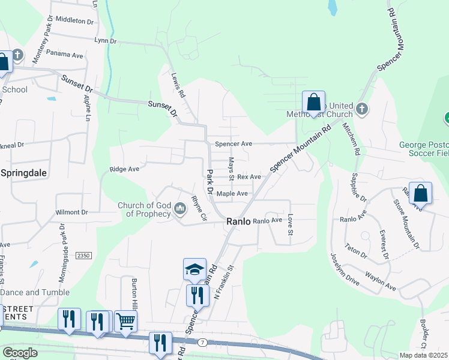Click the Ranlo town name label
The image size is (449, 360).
[x=238, y=221]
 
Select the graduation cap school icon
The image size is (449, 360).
[x=194, y=269]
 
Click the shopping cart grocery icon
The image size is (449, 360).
[x=125, y=321]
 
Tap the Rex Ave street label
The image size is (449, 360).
[x=249, y=177]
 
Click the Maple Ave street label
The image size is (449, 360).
[x=232, y=194]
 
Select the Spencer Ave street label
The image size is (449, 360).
[x=234, y=145]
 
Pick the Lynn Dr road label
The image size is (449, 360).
[x=105, y=41]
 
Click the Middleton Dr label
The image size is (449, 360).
[x=74, y=20]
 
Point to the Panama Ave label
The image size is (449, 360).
[x=64, y=53]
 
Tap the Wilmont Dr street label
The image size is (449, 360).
[x=71, y=212]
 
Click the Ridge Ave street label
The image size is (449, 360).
[x=124, y=170]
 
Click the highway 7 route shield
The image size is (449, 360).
[x=203, y=342]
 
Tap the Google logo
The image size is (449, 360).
[x=19, y=353]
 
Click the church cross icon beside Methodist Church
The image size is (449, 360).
[x=361, y=109]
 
